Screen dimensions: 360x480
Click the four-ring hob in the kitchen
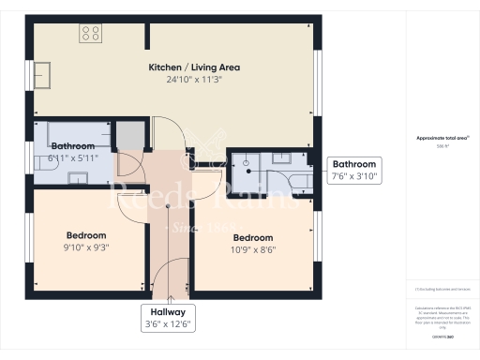(91, 34)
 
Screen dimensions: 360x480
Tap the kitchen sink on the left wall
(44, 72)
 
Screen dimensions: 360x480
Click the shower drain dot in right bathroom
(246, 162)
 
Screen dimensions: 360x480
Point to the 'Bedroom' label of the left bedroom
(86, 235)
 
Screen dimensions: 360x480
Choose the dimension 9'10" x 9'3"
(86, 247)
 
